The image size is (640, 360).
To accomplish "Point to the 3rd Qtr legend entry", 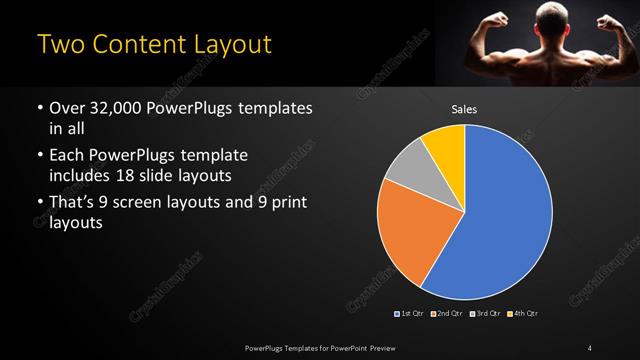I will pyautogui.click(x=487, y=314).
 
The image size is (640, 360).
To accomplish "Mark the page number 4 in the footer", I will pyautogui.click(x=590, y=347).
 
